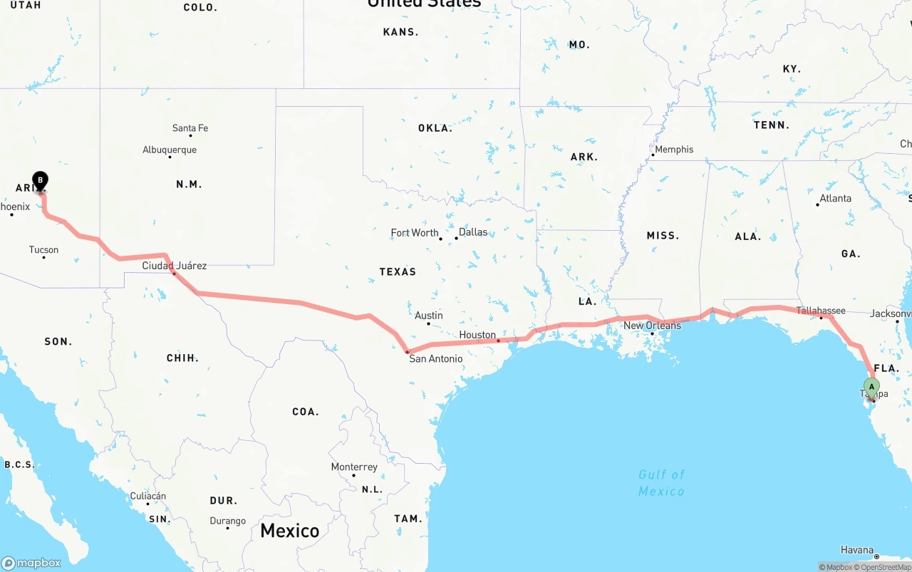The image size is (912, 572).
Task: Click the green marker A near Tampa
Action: pyautogui.click(x=871, y=388)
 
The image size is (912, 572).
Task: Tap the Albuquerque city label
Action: pyautogui.click(x=170, y=150)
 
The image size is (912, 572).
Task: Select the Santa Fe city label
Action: pyautogui.click(x=190, y=128)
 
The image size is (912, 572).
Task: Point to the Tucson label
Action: pyautogui.click(x=44, y=250)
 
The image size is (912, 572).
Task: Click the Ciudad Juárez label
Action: pyautogui.click(x=175, y=266)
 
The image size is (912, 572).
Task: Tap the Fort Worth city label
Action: pyautogui.click(x=415, y=233)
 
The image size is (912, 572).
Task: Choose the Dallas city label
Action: pyautogui.click(x=473, y=232)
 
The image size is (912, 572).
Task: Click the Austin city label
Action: pyautogui.click(x=429, y=316)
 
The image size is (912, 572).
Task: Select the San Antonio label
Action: pyautogui.click(x=435, y=359)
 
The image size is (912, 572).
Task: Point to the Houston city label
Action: pyautogui.click(x=477, y=335)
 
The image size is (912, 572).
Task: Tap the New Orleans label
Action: pyautogui.click(x=652, y=326)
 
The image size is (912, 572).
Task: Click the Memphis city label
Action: pyautogui.click(x=674, y=150)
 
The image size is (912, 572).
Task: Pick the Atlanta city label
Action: pyautogui.click(x=836, y=199)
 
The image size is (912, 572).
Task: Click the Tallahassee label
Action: pyautogui.click(x=821, y=311)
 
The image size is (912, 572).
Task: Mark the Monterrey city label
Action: pyautogui.click(x=354, y=467)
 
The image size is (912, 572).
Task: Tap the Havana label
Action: pyautogui.click(x=856, y=550)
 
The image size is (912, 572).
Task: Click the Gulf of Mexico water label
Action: pyautogui.click(x=661, y=483)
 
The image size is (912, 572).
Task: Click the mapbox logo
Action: pyautogui.click(x=31, y=563)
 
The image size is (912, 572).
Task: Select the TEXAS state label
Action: pyautogui.click(x=398, y=271)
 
